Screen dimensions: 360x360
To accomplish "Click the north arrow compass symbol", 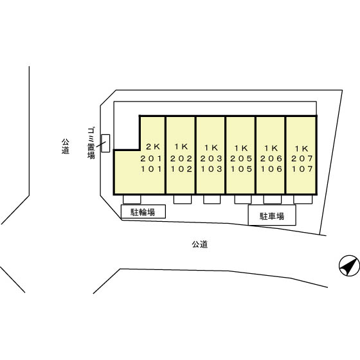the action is (350, 265).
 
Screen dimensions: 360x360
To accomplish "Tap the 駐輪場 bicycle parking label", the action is (143, 212).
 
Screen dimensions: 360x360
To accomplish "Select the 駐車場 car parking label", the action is (272, 216).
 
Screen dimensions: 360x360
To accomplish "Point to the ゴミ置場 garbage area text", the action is (91, 143).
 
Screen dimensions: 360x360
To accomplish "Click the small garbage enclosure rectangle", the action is (105, 143).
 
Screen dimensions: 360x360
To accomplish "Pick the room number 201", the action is (151, 158).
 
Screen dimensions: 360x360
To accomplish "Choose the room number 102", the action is (181, 169).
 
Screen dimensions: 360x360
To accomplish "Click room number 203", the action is (212, 158).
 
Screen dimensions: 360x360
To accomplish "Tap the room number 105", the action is (241, 169).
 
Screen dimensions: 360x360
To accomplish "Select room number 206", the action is (271, 158).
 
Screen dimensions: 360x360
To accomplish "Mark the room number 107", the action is (302, 169).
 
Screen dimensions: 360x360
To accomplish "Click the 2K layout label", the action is (153, 147).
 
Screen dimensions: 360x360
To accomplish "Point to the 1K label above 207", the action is (301, 148).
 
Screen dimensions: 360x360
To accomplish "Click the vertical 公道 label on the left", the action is (66, 146).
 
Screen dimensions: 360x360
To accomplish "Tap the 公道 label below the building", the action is (200, 244).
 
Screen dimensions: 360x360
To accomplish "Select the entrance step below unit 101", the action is (132, 199).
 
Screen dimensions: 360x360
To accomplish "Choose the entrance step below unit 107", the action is (303, 199).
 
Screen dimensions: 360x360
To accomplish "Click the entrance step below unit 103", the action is (212, 199).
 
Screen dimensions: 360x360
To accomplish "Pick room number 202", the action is (181, 158).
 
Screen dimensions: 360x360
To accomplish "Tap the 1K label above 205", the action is (241, 148).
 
